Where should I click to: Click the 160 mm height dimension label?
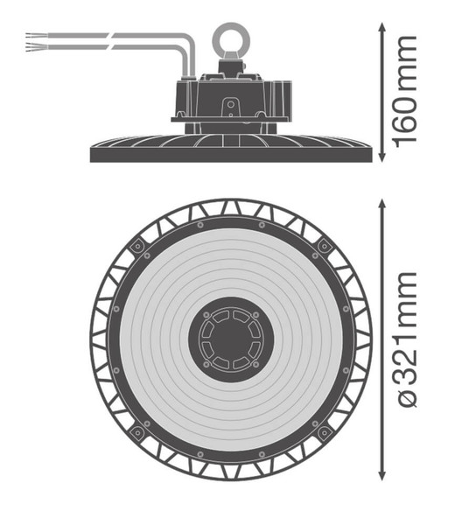[406, 91]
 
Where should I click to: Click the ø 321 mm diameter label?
[406, 339]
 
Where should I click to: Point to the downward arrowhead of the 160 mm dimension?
[382, 157]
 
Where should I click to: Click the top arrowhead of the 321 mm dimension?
[382, 205]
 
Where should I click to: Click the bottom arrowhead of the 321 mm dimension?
[382, 475]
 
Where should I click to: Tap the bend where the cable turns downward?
[186, 44]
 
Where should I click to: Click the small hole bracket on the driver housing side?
[231, 107]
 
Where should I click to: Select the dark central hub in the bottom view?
[231, 339]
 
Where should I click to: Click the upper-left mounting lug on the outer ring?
[137, 246]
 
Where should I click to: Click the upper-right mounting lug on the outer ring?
[324, 246]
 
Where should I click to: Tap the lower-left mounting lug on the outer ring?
[137, 432]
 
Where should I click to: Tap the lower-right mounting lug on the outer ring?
[324, 432]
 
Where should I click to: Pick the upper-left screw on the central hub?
[206, 315]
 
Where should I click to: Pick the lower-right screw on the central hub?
[255, 364]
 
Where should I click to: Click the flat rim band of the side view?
[231, 155]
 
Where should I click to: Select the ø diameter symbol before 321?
[408, 398]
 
